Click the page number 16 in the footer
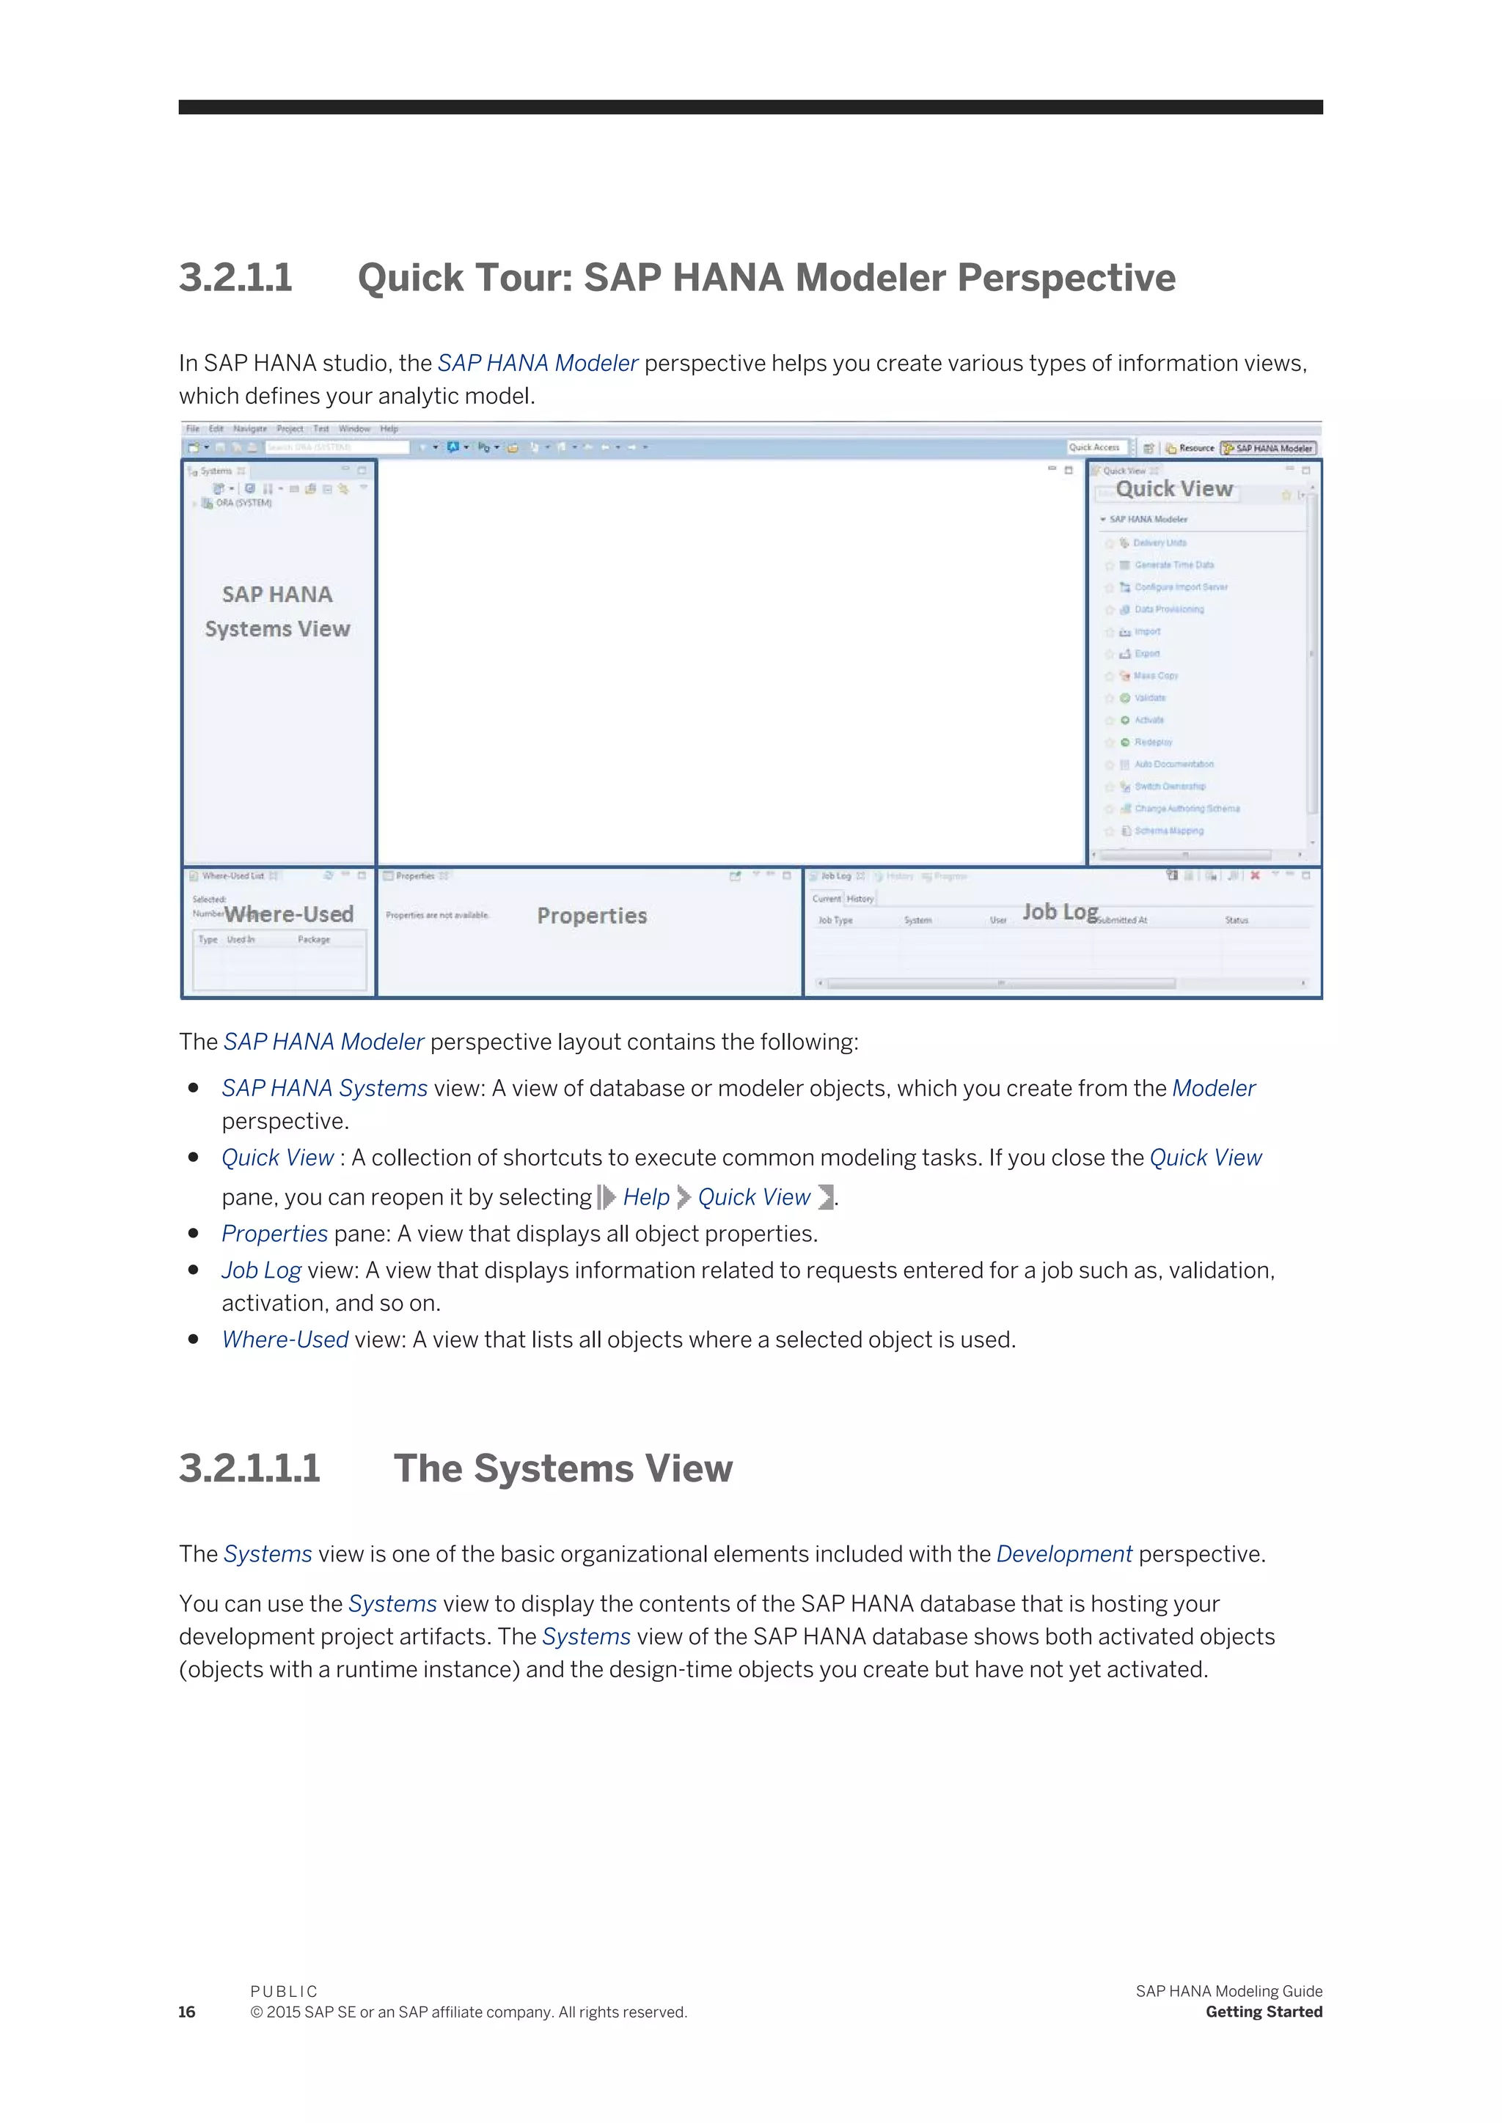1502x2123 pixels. (187, 2012)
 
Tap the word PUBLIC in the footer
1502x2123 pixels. (284, 1991)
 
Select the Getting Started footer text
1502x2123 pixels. (1264, 2012)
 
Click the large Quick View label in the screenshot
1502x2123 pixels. (1173, 489)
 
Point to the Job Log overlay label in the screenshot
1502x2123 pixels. (1060, 912)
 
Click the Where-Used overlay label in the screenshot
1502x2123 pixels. (288, 914)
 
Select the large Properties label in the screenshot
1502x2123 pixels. (592, 916)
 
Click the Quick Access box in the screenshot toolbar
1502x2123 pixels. (1095, 447)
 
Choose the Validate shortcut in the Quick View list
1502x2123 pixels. (1150, 698)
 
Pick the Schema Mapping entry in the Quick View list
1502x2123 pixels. (1168, 831)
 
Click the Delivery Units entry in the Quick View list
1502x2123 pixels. (1159, 542)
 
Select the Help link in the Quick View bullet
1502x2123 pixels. (645, 1197)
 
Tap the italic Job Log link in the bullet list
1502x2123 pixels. (261, 1270)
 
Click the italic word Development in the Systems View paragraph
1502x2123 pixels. (1063, 1554)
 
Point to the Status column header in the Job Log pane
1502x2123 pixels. (1237, 920)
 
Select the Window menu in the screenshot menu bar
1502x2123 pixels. (354, 429)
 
